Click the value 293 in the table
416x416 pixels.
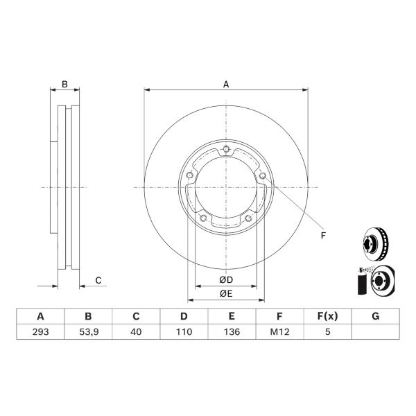pos(41,331)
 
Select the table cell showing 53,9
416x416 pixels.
pos(89,331)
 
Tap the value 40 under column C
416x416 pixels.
pos(136,331)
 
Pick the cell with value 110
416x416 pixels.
pos(184,331)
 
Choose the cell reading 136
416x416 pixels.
pos(232,331)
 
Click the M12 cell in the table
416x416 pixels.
pos(279,331)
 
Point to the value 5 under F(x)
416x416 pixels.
pos(328,331)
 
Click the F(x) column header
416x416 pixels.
pos(328,316)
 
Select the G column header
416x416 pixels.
pos(375,316)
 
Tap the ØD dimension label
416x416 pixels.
pos(226,279)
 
